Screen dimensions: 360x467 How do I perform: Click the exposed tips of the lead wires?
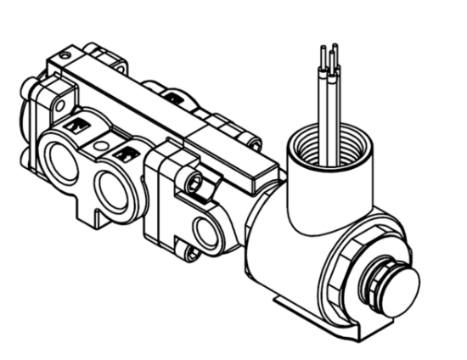coord(330,50)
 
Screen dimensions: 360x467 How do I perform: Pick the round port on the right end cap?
coord(205,230)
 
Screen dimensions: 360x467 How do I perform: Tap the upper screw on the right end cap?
coord(194,183)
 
